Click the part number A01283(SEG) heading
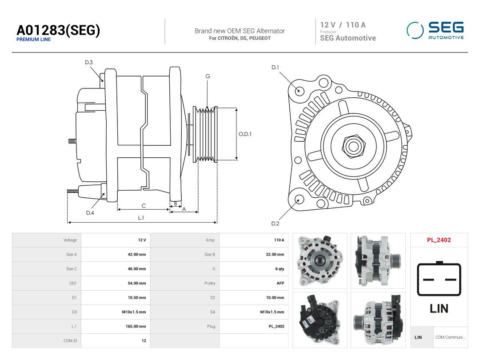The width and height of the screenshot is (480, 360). [x=58, y=30]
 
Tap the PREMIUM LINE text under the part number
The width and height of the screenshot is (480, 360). [x=33, y=40]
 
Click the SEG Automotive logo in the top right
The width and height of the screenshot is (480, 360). [x=435, y=30]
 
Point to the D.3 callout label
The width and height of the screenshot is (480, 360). [x=89, y=63]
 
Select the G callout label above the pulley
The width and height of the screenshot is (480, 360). [x=208, y=76]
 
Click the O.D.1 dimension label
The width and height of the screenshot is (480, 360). [x=245, y=134]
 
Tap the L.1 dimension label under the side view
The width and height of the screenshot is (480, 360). [x=141, y=218]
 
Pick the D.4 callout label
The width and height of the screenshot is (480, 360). [x=90, y=213]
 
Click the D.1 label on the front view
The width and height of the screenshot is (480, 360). [x=275, y=68]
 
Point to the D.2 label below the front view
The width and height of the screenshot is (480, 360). [x=275, y=224]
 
